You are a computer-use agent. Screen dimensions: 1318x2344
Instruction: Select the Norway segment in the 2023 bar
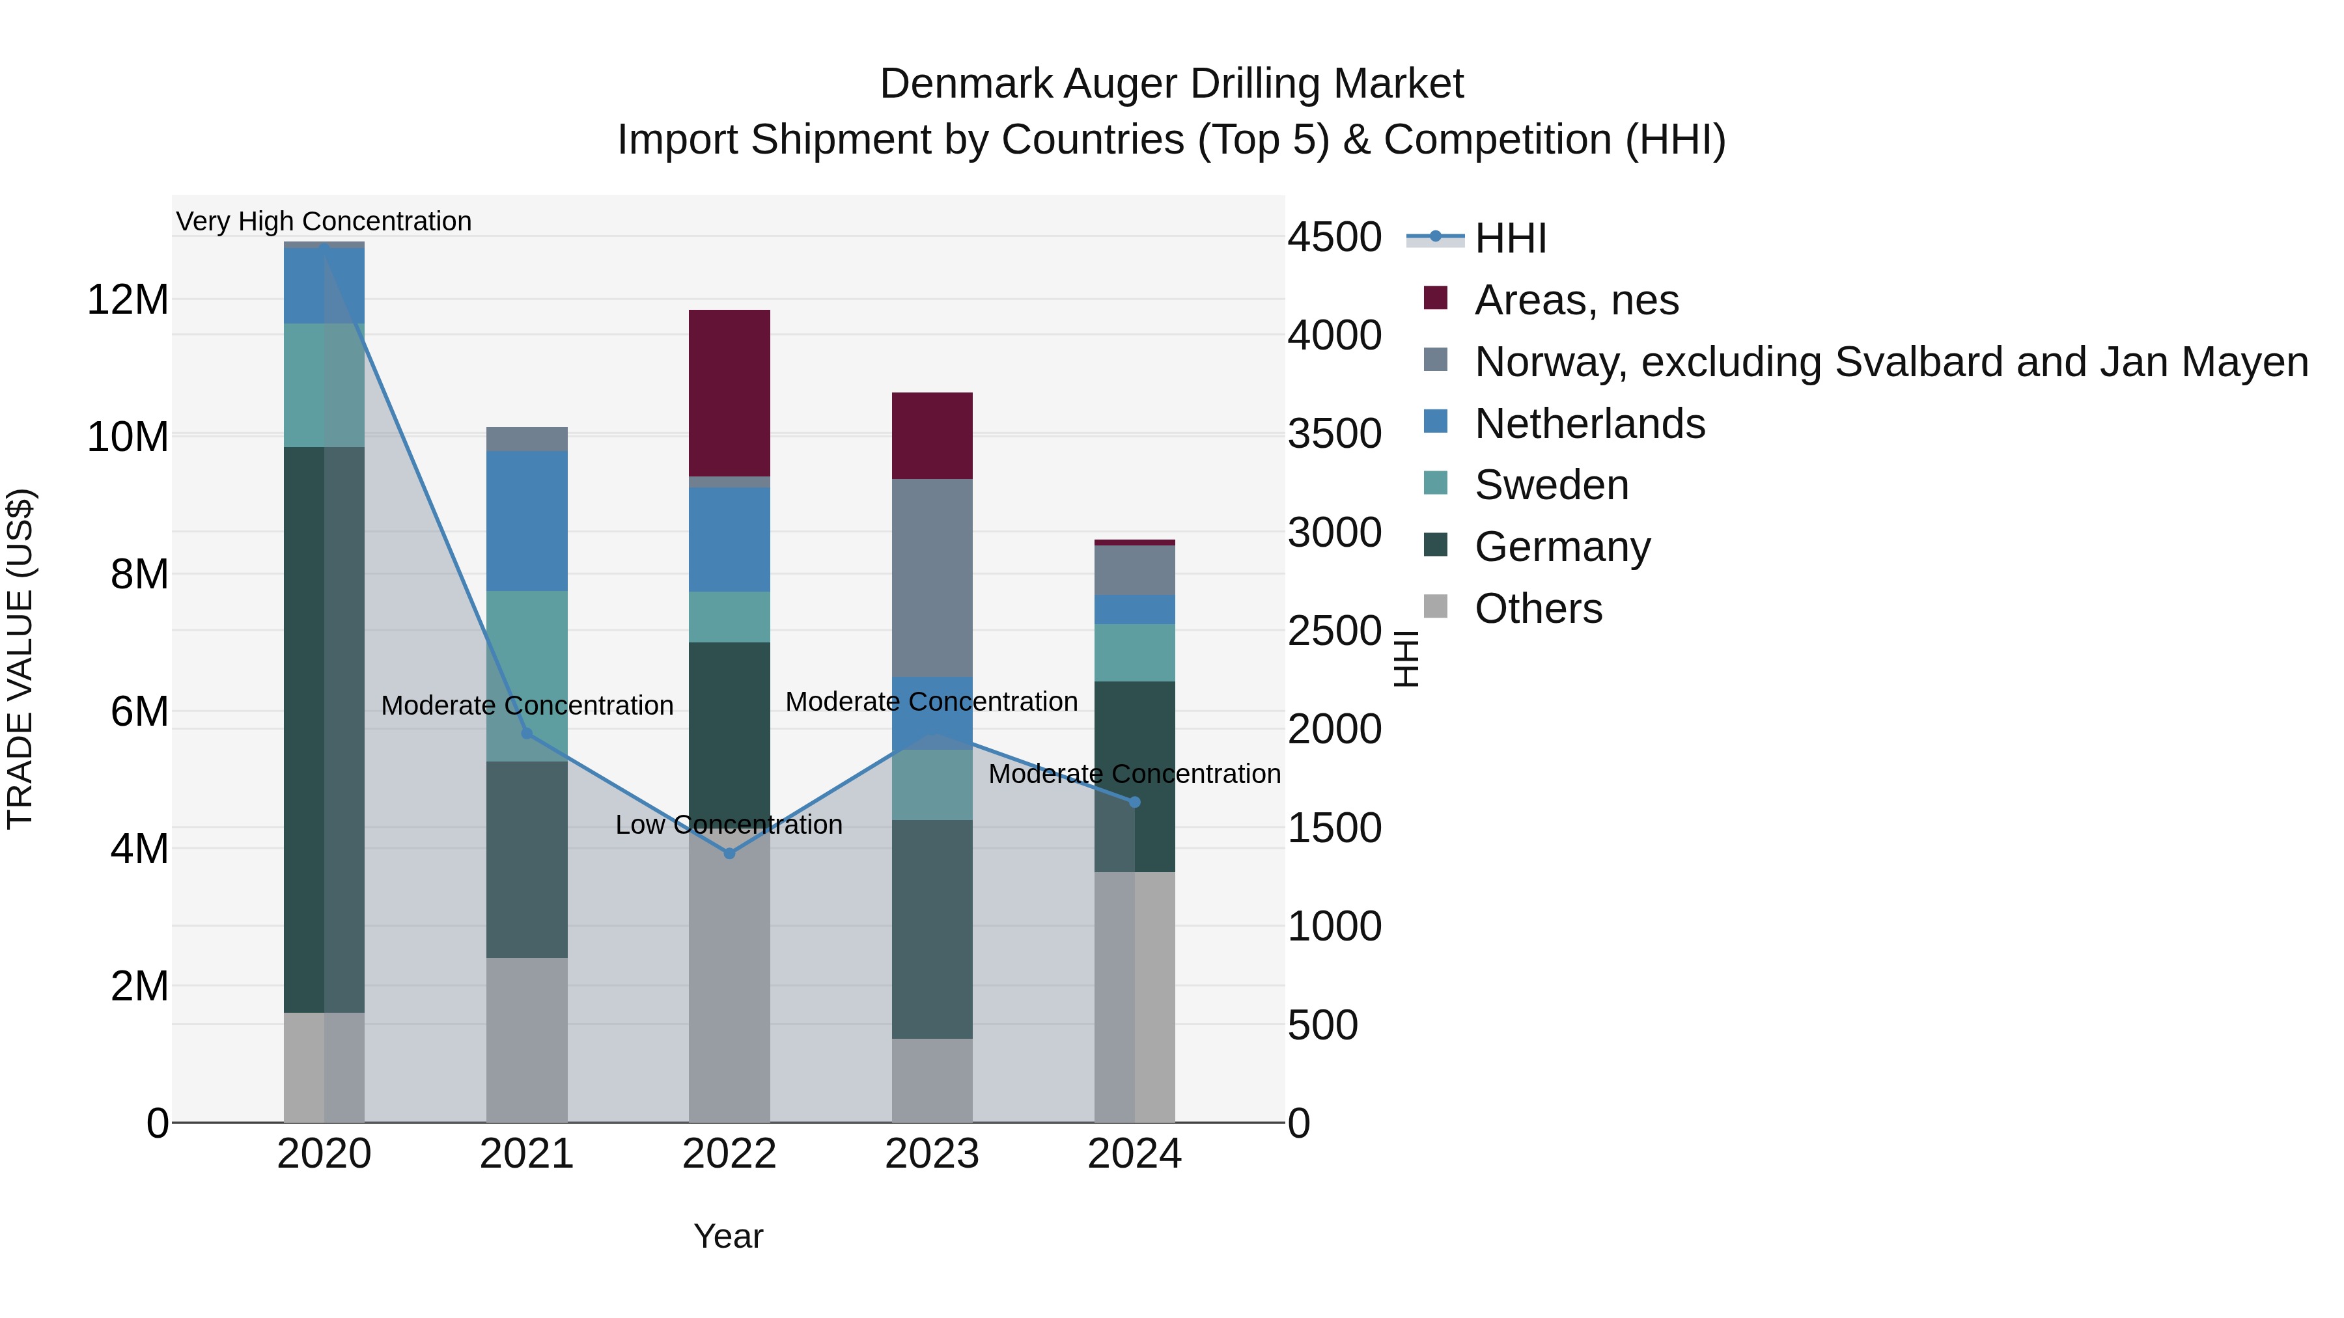[932, 577]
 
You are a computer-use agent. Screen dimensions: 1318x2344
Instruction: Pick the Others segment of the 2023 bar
[932, 1080]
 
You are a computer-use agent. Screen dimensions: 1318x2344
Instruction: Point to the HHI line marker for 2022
[729, 853]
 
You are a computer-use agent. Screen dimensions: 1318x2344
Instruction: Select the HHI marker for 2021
[527, 733]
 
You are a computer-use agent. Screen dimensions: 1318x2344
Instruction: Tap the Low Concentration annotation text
[729, 824]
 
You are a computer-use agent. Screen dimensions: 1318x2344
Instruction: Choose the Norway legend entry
[1891, 362]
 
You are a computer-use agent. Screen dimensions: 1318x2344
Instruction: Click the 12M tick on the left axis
[128, 299]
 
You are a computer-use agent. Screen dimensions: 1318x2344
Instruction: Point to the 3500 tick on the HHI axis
[1334, 434]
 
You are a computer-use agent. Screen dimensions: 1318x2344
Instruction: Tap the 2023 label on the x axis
[932, 1154]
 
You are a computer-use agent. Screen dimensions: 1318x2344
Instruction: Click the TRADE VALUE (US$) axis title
[20, 659]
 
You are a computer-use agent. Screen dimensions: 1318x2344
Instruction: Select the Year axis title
[728, 1236]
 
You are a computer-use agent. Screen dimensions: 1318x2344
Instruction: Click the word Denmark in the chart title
[966, 84]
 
